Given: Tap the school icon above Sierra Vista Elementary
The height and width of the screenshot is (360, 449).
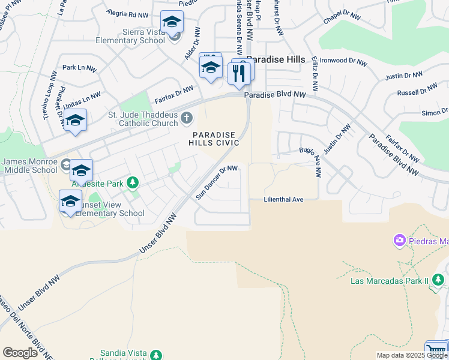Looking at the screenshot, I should tap(172, 23).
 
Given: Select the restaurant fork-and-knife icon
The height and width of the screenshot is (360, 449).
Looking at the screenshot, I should tap(239, 73).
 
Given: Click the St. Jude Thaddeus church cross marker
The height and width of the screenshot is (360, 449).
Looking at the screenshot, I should tap(187, 118).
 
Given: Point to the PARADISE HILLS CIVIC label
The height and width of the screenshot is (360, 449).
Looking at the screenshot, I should tap(214, 139).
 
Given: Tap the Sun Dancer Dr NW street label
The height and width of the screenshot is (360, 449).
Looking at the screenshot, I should tap(217, 182).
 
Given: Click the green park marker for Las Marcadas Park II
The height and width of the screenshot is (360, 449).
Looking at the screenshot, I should tap(438, 280).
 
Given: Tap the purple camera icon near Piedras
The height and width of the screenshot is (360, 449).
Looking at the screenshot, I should tap(399, 241).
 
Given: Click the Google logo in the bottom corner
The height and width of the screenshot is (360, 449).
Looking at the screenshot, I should tap(20, 353).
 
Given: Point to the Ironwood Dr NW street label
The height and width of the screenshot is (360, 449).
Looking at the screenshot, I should tap(342, 61).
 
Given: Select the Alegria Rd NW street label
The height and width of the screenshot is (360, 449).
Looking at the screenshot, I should tap(127, 14).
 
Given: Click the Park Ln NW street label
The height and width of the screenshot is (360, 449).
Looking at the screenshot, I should tap(79, 68).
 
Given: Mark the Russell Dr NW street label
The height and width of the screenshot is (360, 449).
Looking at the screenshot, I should tap(417, 90).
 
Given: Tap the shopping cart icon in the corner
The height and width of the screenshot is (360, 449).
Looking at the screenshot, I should tap(436, 350).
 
